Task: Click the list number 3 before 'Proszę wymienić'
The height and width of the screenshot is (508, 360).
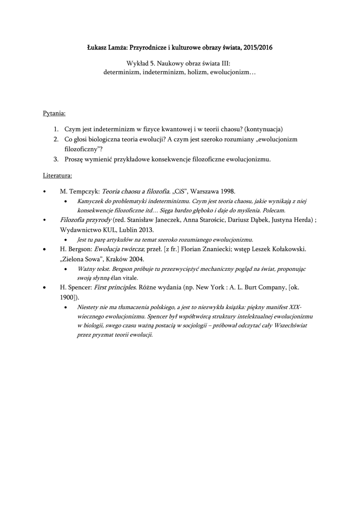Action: click(56, 159)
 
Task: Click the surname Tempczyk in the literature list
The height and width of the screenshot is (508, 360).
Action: click(83, 191)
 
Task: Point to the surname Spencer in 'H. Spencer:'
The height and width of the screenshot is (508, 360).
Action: click(78, 287)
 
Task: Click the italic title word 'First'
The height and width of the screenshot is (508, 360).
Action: click(103, 287)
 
